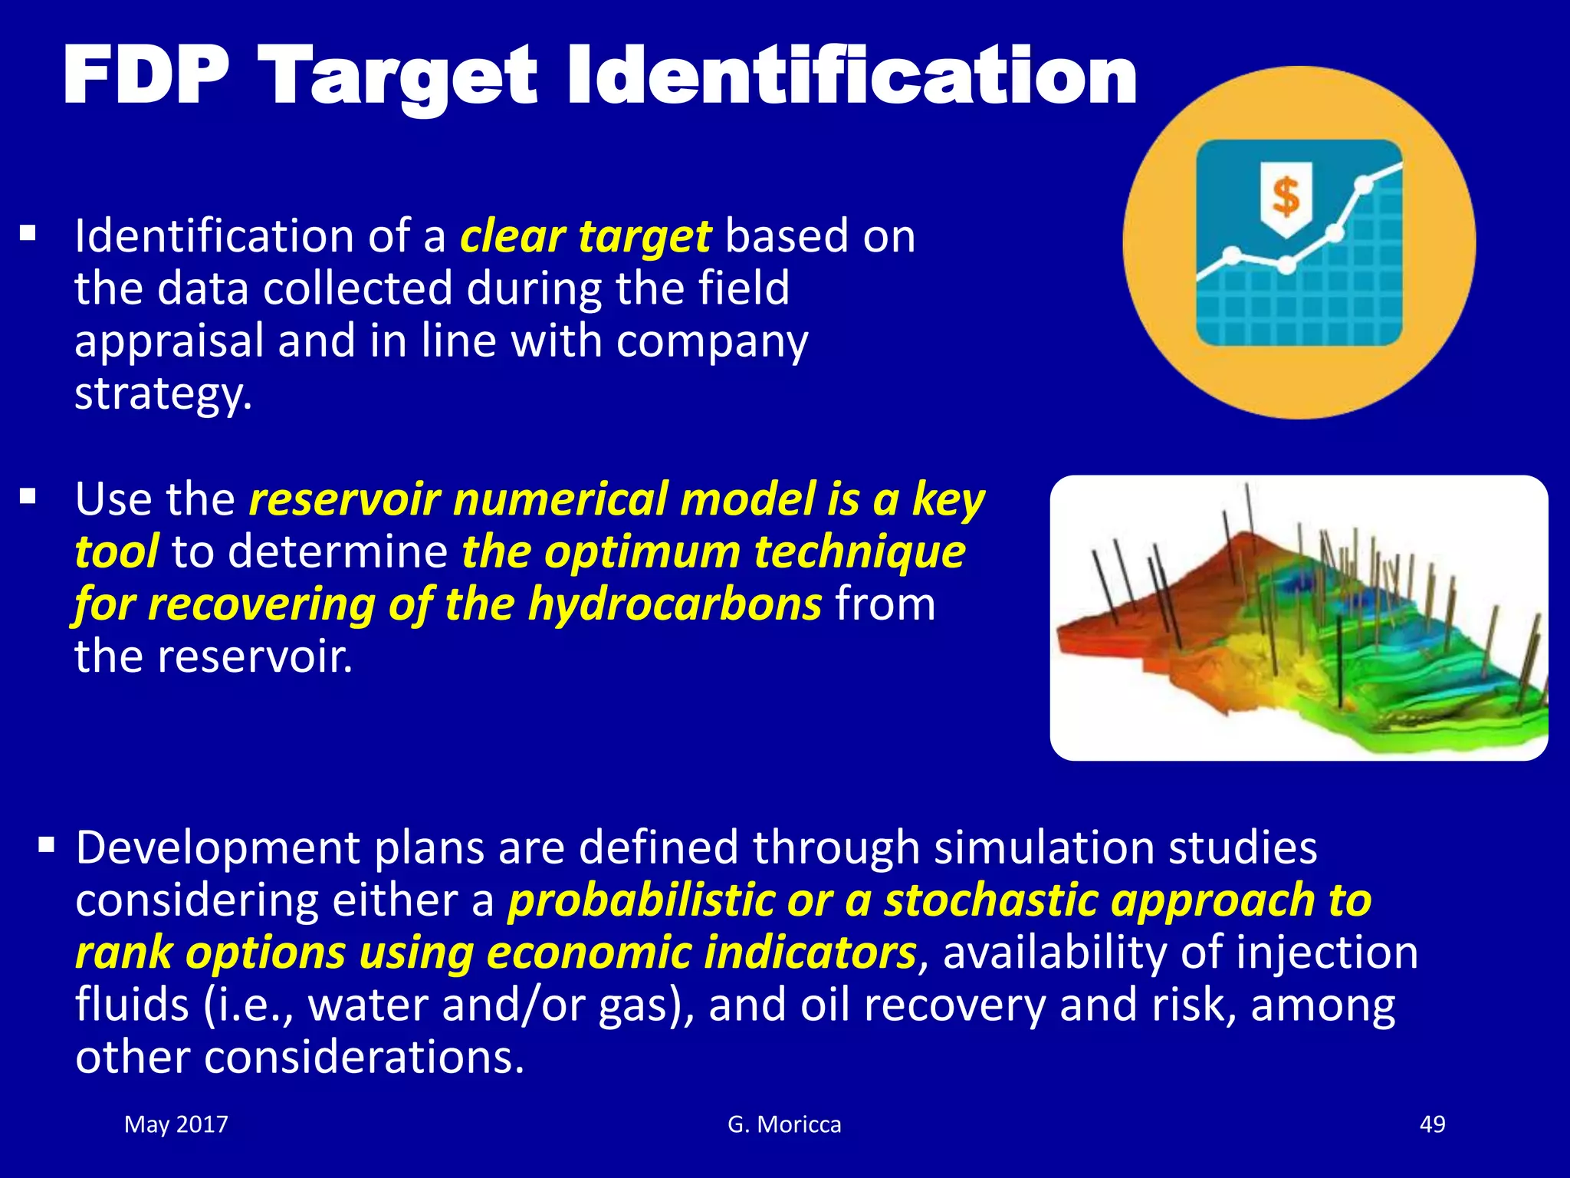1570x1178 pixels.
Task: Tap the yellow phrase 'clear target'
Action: click(586, 236)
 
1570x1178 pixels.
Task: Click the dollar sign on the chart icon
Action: click(1286, 196)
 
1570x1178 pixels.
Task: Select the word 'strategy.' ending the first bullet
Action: click(163, 394)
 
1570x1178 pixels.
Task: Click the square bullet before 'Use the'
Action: click(28, 498)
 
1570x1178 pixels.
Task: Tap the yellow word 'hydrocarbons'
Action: click(675, 604)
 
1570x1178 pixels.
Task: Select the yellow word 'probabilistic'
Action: click(641, 900)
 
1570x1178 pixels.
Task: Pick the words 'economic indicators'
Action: click(701, 953)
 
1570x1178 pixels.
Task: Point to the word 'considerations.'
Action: click(363, 1058)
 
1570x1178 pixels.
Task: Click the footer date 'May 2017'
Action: click(176, 1124)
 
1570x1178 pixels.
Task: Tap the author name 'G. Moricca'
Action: click(784, 1124)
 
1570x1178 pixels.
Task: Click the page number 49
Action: click(1432, 1124)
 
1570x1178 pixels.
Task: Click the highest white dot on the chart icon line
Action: click(1364, 185)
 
